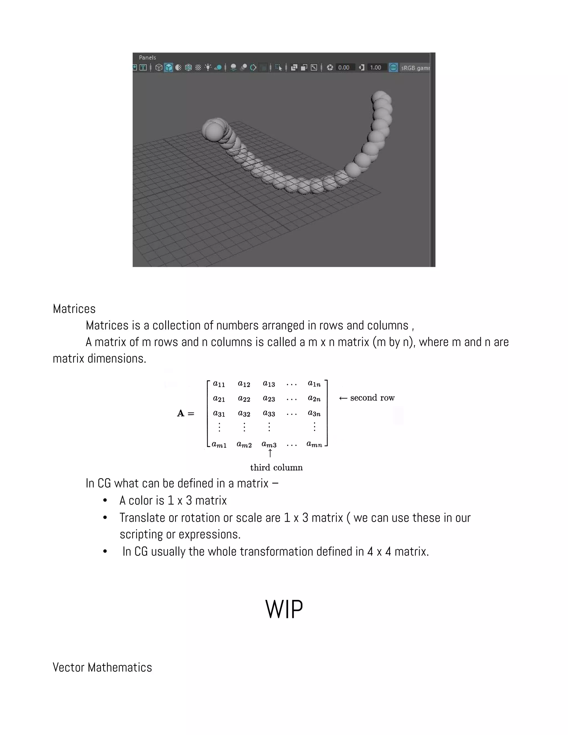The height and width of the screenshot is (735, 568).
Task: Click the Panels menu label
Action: coord(147,57)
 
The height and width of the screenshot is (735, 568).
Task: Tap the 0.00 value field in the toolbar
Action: coord(344,68)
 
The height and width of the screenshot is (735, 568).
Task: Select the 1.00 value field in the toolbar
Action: coord(376,68)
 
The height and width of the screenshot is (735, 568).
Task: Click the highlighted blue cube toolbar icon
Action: coord(169,68)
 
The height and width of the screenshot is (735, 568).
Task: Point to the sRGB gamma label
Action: coord(415,68)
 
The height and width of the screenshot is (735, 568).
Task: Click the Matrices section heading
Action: coord(74,309)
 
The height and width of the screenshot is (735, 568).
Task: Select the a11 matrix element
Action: coord(219,384)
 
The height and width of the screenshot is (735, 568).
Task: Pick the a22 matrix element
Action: coord(244,399)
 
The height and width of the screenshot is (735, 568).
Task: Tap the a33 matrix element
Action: coord(269,413)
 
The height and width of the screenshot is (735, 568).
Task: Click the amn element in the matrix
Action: coord(314,445)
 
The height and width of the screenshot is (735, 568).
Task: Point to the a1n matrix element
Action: coord(314,384)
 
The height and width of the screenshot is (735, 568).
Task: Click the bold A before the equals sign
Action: coord(181,413)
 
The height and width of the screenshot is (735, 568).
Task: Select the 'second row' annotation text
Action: coord(372,398)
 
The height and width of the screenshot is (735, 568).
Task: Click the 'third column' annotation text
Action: coord(276,467)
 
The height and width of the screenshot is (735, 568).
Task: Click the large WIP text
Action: coord(284,609)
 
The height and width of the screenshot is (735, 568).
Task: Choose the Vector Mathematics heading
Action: coord(102,667)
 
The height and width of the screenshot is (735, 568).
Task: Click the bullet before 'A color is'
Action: coord(105,501)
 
